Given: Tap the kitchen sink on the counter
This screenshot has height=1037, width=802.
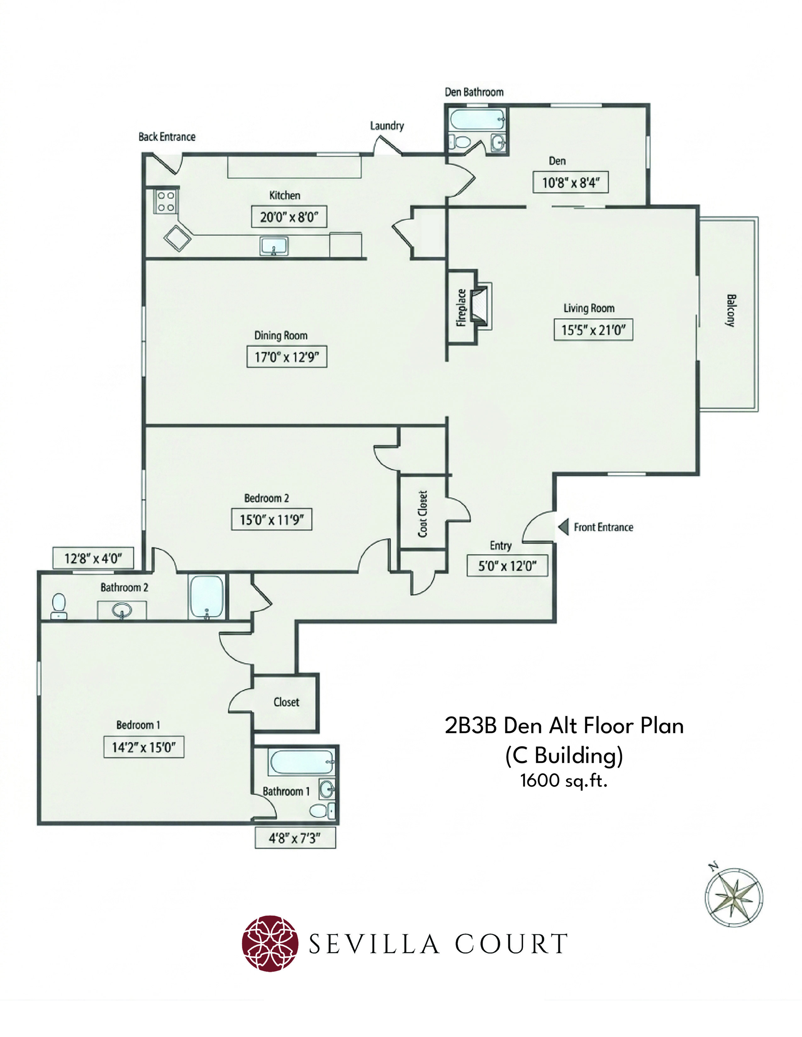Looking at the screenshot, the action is (x=274, y=246).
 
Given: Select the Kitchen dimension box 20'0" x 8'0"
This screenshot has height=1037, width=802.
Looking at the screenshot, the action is (x=289, y=217).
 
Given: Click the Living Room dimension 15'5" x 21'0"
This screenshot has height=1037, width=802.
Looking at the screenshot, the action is (x=593, y=330).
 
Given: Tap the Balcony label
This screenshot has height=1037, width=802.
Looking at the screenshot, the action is (x=731, y=310).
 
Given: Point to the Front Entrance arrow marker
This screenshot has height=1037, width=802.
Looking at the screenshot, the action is (x=564, y=527).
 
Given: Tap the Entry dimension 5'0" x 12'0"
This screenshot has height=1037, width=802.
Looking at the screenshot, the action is (x=507, y=566).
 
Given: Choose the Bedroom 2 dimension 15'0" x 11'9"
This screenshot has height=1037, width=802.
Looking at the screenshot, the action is (x=272, y=519).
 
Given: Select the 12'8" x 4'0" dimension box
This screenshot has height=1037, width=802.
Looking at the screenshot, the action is (x=93, y=558).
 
